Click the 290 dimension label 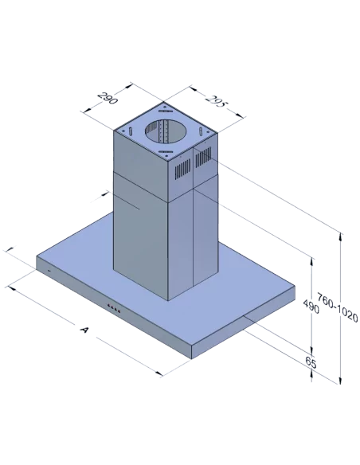108,98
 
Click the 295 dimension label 216,102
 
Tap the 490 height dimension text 311,307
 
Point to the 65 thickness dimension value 311,362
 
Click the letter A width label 84,329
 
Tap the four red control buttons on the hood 114,308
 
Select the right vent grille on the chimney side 203,157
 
